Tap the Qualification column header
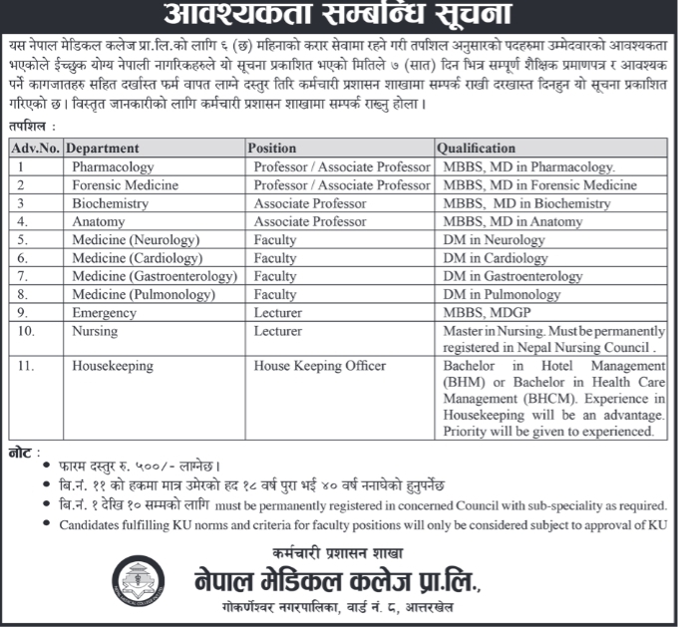coord(476,149)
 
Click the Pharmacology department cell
coord(113,167)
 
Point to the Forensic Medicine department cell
coord(125,185)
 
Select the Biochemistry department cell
coord(110,203)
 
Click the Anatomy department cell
coord(99,221)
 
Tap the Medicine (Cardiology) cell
coord(134,258)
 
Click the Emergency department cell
coord(104,312)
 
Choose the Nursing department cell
coord(95,331)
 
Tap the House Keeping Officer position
coord(319,366)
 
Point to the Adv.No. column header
coord(36,149)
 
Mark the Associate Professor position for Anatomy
coord(310,221)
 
